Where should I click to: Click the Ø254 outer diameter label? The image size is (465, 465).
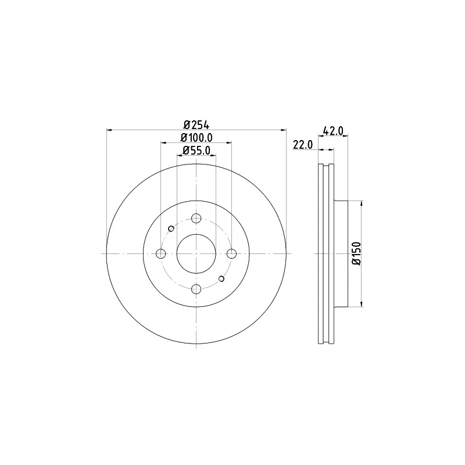(196, 125)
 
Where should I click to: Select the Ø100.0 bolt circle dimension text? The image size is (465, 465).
(196, 138)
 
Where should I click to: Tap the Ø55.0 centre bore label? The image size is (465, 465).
(196, 151)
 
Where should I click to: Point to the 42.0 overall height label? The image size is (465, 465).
(333, 131)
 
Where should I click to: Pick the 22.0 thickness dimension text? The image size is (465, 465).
(303, 145)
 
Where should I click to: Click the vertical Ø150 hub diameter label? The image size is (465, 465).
(356, 253)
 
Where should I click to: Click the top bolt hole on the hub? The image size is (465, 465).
(196, 219)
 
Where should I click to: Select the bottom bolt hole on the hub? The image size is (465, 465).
(196, 289)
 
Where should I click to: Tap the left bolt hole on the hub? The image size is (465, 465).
(161, 253)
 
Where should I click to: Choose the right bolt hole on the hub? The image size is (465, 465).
(231, 253)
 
